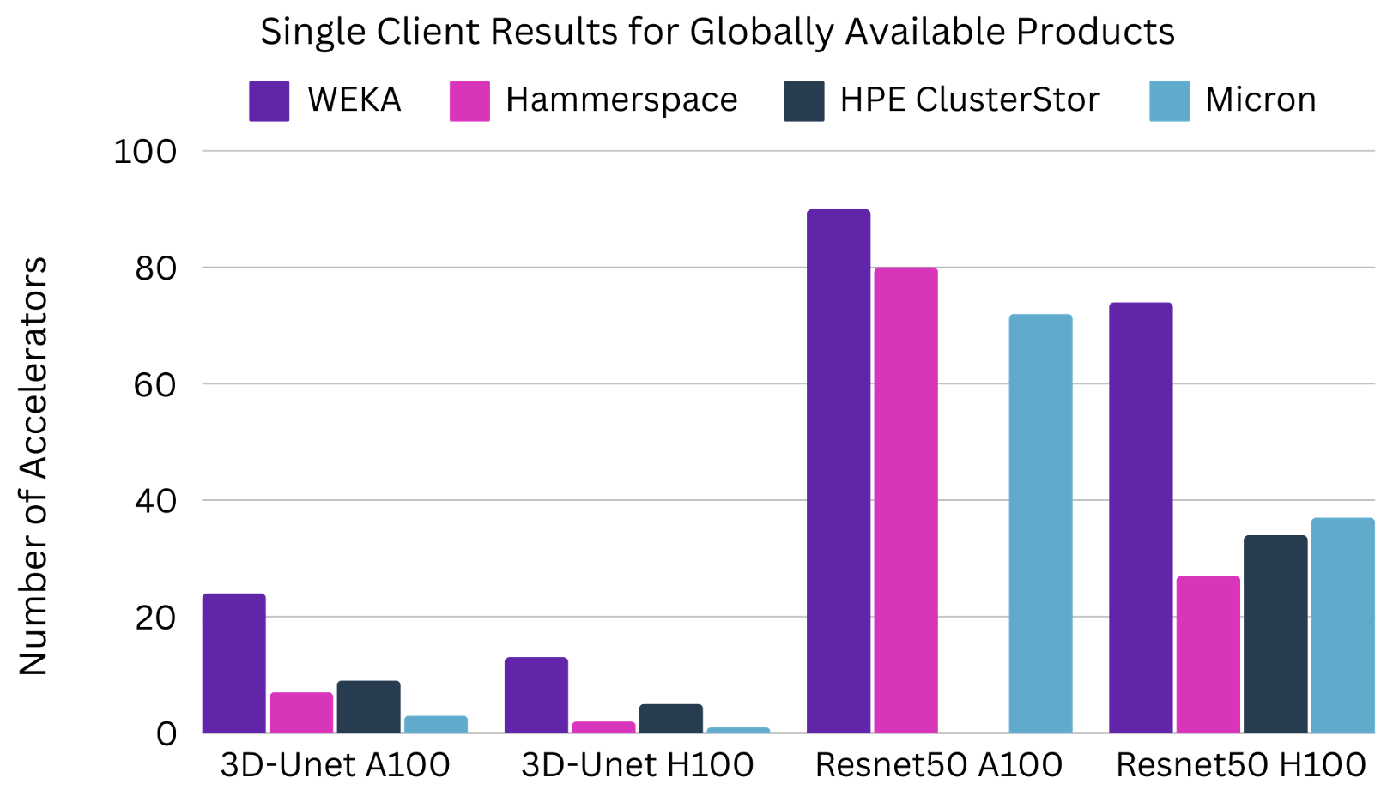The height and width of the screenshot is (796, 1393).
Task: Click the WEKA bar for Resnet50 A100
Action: (x=839, y=472)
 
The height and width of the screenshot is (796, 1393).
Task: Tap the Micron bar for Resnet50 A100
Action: (x=1040, y=523)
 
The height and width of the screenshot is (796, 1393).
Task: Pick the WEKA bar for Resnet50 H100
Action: (x=1141, y=518)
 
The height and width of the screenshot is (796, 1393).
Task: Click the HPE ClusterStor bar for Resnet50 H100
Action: (x=1275, y=635)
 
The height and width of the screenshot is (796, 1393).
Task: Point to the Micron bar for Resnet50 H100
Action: (x=1342, y=625)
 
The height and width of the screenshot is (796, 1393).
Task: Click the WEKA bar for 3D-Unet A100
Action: (x=234, y=663)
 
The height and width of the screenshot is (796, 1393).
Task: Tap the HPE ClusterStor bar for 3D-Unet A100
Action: (x=368, y=707)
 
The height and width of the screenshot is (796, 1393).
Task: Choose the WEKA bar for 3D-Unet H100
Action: (x=536, y=695)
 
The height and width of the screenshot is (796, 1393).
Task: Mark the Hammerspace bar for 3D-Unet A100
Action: (x=301, y=713)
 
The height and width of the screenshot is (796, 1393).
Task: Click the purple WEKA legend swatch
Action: (x=269, y=101)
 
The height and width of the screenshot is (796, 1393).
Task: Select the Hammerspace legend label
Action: (x=621, y=100)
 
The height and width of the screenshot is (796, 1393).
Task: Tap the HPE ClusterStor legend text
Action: (x=969, y=100)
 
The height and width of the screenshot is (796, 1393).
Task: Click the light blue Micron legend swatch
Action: (x=1169, y=101)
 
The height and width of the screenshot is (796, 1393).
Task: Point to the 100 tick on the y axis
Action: (x=145, y=152)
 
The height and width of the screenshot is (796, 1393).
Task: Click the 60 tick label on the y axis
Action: (x=155, y=385)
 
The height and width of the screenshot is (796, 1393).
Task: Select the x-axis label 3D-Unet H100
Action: (x=637, y=765)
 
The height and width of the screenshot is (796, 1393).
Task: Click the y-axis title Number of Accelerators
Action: (x=33, y=466)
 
